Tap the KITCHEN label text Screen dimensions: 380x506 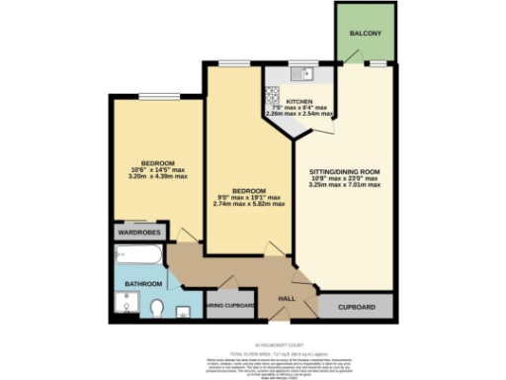point(299,102)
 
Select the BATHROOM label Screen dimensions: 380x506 point(142,285)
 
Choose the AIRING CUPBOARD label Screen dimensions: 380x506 point(231,306)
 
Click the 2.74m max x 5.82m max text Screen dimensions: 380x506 point(249,203)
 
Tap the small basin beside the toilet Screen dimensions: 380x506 point(185,313)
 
